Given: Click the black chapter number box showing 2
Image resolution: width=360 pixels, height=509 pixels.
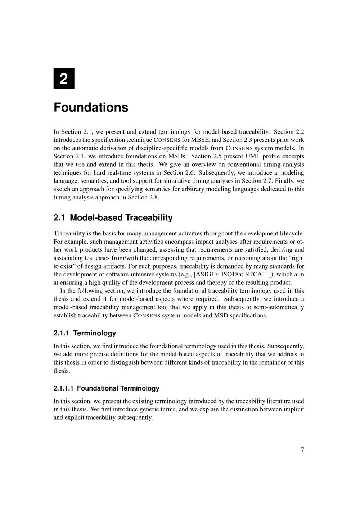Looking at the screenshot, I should click(64, 78).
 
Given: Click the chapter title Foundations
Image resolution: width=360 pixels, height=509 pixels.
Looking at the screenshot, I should click(91, 107).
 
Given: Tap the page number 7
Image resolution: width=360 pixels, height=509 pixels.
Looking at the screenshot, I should click(302, 450).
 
